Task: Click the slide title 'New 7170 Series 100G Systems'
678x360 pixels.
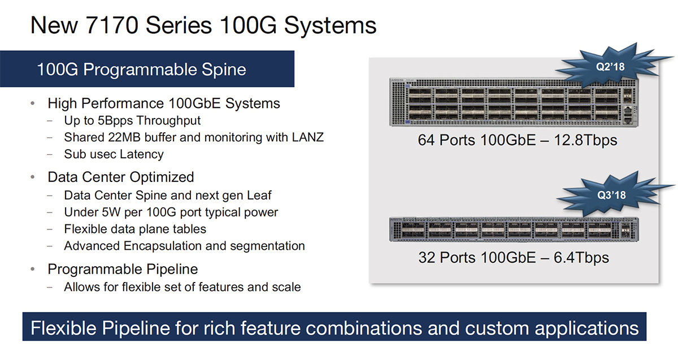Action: pyautogui.click(x=203, y=25)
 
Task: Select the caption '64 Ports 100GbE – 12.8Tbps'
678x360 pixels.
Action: pyautogui.click(x=518, y=140)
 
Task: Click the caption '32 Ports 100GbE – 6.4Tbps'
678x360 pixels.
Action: pyautogui.click(x=514, y=258)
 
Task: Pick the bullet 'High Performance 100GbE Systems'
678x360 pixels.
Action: pyautogui.click(x=164, y=103)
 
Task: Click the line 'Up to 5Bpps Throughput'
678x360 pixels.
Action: pyautogui.click(x=132, y=120)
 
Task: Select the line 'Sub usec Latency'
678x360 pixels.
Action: pyautogui.click(x=114, y=154)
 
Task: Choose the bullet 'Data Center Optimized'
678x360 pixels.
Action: pyautogui.click(x=120, y=177)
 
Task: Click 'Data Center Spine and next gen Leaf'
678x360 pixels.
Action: pyautogui.click(x=168, y=195)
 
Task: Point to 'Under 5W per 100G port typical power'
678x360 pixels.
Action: pyautogui.click(x=171, y=212)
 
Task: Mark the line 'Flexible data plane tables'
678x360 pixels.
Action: pyautogui.click(x=135, y=229)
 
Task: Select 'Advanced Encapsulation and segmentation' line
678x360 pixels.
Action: pyautogui.click(x=184, y=246)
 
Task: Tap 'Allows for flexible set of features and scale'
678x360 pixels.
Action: pyautogui.click(x=182, y=287)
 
